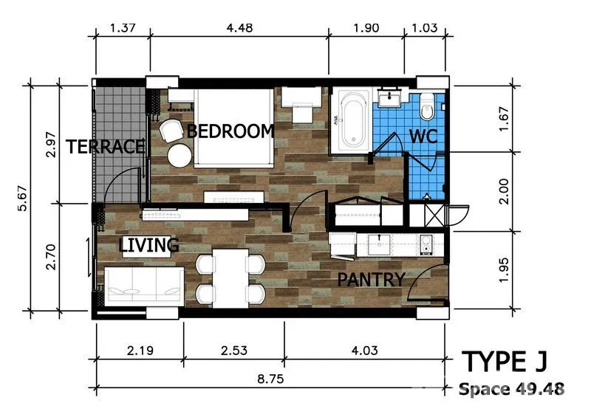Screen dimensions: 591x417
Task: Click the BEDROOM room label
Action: (230, 131)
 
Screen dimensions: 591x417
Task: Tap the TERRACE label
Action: (106, 147)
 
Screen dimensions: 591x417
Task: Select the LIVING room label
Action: (148, 245)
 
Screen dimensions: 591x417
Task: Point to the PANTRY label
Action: (372, 280)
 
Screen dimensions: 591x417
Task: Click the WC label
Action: (423, 137)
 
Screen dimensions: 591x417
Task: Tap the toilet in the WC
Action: (427, 106)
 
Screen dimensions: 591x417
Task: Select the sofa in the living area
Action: (144, 286)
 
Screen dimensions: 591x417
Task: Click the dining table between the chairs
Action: (230, 278)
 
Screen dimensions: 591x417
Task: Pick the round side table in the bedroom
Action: (180, 156)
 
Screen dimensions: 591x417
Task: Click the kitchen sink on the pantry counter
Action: (379, 245)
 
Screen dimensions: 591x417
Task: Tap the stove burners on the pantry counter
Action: (426, 244)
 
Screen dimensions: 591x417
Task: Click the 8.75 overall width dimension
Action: (270, 379)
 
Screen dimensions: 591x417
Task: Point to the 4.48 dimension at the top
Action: (239, 28)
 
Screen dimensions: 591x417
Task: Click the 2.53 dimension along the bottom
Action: (234, 351)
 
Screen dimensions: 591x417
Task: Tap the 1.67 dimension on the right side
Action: (504, 119)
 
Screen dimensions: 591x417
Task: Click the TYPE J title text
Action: (505, 362)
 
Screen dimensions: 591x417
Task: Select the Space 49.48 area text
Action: (511, 389)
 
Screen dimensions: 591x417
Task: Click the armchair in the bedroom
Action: (171, 131)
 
